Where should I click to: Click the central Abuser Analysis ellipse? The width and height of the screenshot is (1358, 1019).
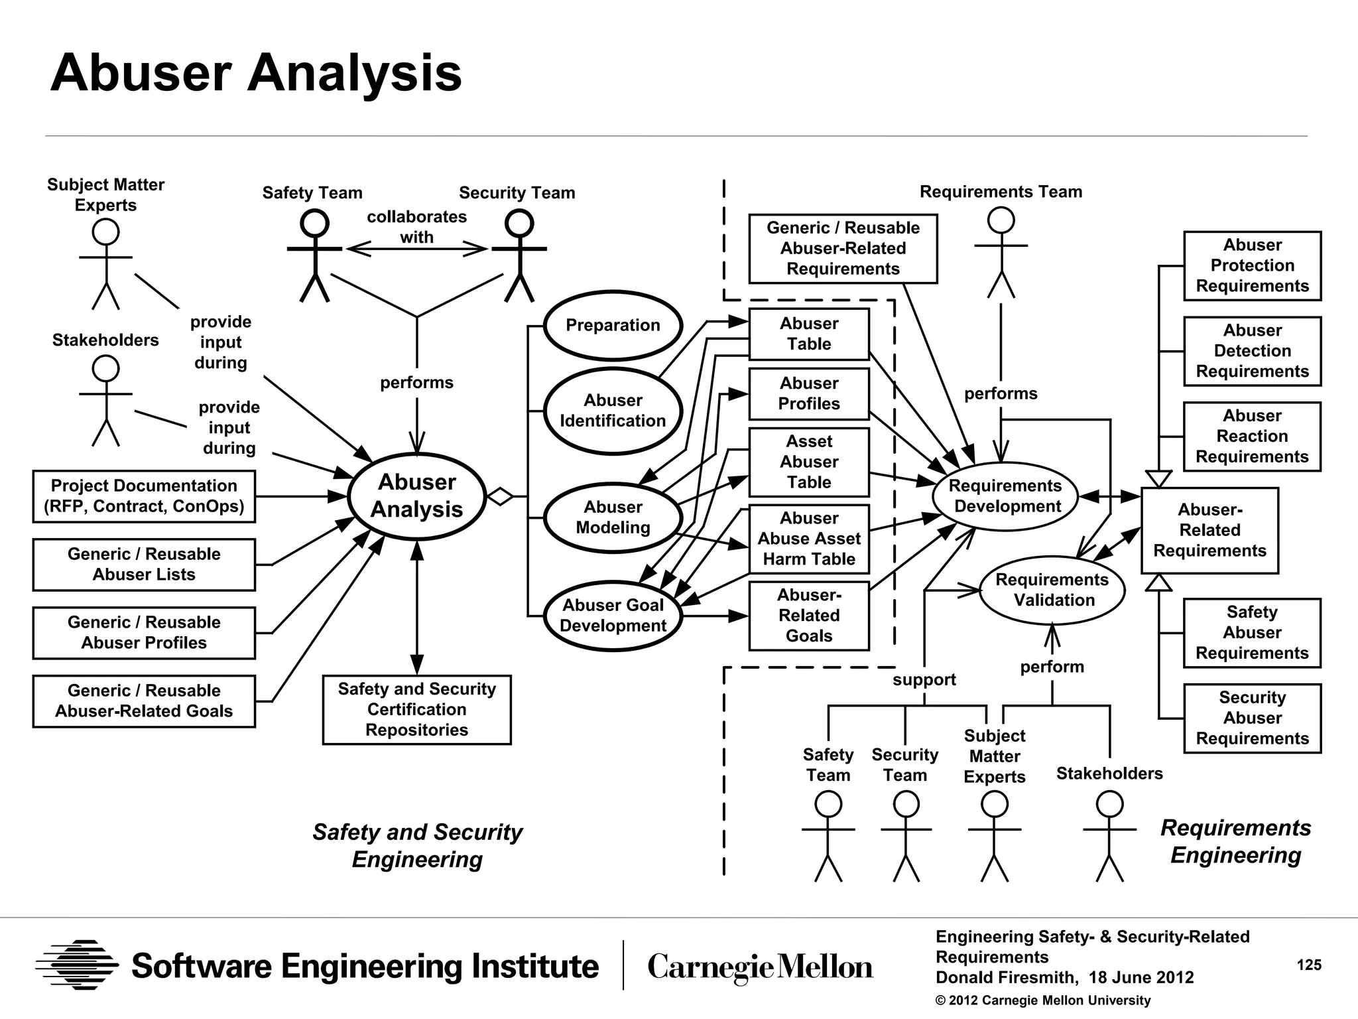pyautogui.click(x=416, y=496)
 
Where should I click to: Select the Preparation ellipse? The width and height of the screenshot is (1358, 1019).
pyautogui.click(x=613, y=325)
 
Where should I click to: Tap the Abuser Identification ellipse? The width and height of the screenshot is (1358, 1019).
pyautogui.click(x=613, y=411)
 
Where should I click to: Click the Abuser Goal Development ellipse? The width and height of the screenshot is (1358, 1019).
pyautogui.click(x=613, y=615)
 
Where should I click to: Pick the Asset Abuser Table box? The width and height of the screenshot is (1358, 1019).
pyautogui.click(x=809, y=462)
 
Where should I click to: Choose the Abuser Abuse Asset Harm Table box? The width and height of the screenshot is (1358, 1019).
pyautogui.click(x=809, y=539)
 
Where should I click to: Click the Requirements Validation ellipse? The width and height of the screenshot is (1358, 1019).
pyautogui.click(x=1052, y=590)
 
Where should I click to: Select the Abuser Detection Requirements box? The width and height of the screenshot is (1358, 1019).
pyautogui.click(x=1252, y=351)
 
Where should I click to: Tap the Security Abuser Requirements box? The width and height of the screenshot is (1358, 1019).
pyautogui.click(x=1252, y=718)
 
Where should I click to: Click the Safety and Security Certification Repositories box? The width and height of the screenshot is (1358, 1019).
pyautogui.click(x=416, y=709)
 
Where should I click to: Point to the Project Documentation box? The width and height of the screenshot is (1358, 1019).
pyautogui.click(x=144, y=496)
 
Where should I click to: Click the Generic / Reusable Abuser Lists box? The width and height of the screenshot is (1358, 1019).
pyautogui.click(x=144, y=564)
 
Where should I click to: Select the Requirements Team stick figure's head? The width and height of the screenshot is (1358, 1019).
pyautogui.click(x=1001, y=220)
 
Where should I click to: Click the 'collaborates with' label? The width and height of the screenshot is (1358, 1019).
pyautogui.click(x=416, y=227)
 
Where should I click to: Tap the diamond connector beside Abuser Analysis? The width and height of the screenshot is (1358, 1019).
pyautogui.click(x=501, y=496)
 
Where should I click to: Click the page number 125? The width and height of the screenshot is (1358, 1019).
pyautogui.click(x=1308, y=965)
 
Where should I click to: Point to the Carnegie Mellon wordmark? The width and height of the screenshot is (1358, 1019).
pyautogui.click(x=760, y=967)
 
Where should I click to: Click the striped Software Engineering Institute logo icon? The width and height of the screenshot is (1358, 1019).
pyautogui.click(x=77, y=965)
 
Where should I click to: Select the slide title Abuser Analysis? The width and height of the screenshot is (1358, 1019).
pyautogui.click(x=256, y=73)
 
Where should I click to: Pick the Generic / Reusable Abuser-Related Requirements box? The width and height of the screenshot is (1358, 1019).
pyautogui.click(x=843, y=249)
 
